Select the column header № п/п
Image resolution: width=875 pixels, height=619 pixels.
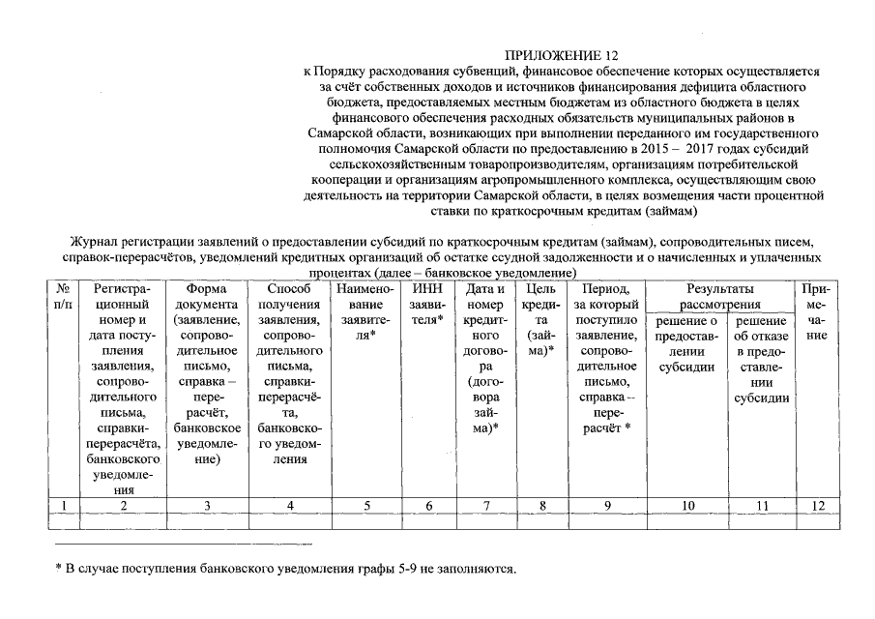pos(63,296)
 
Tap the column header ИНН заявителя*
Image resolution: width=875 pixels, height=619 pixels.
pos(426,304)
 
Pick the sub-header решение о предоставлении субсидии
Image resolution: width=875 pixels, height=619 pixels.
pos(687,344)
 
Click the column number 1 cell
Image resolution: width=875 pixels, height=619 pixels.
pos(63,505)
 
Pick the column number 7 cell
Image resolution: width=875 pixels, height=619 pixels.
pos(486,505)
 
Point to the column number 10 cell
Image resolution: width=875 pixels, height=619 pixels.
pos(687,505)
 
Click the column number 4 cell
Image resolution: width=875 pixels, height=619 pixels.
pos(289,505)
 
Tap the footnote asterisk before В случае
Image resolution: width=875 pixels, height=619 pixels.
pos(58,568)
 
